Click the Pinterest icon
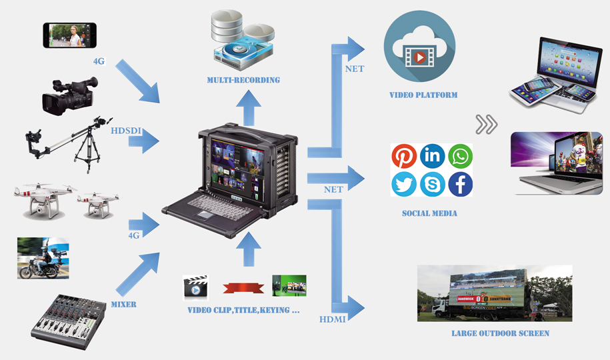click(404, 157)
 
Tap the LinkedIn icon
click(432, 157)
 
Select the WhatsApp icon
click(460, 157)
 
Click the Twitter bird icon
click(404, 184)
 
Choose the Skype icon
click(432, 184)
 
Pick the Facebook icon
click(460, 184)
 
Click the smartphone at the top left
click(70, 35)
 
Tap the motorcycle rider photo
click(43, 258)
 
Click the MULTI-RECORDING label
click(243, 80)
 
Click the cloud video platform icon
click(419, 51)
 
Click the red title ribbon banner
click(241, 287)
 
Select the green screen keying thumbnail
click(289, 286)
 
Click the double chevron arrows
click(487, 123)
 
